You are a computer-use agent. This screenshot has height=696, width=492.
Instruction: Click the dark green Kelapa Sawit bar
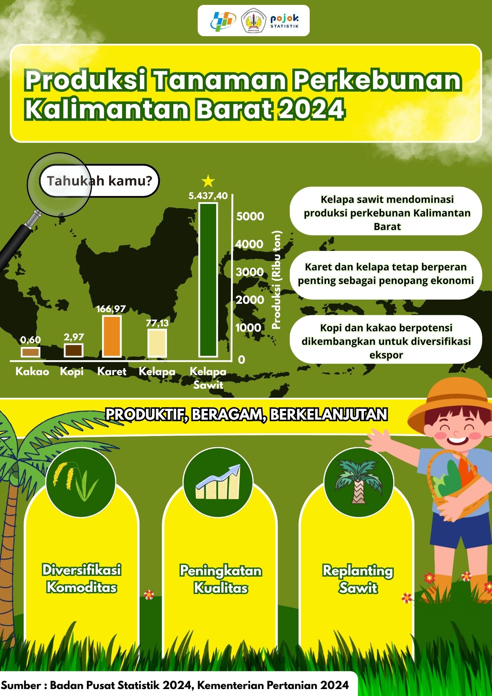208,280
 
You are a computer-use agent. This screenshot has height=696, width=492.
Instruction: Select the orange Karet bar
112,336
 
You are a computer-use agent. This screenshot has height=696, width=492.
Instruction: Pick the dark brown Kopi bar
73,350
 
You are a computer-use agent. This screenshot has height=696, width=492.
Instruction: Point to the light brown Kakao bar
30,352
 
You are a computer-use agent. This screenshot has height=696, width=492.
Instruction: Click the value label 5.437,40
208,196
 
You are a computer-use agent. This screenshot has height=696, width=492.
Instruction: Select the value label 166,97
111,309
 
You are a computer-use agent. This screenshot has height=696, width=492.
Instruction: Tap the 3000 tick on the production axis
249,272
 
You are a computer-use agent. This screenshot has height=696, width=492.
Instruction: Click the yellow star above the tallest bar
208,181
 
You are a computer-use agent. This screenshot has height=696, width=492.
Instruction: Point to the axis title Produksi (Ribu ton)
277,280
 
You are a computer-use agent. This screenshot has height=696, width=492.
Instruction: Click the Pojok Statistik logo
285,21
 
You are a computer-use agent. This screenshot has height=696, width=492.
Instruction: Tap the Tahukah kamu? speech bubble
100,181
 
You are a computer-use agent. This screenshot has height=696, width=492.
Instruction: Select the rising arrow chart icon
218,482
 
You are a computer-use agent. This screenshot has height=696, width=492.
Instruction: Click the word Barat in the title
233,109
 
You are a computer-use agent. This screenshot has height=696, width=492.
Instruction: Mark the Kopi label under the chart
72,372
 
